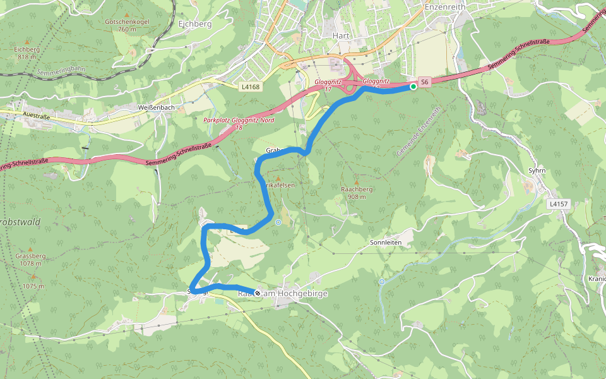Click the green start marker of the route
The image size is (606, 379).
coord(413,87)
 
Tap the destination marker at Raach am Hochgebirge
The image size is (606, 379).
coord(258,293)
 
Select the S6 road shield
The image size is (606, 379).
coord(425,82)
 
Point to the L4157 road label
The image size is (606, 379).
coord(559,204)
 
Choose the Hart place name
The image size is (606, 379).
coord(341,36)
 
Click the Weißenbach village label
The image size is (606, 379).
coord(156,108)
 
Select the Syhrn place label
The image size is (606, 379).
coord(536,171)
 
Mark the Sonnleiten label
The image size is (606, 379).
coord(386,242)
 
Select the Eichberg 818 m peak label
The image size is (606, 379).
coord(27,52)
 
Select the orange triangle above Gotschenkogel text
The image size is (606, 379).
coord(126,14)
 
